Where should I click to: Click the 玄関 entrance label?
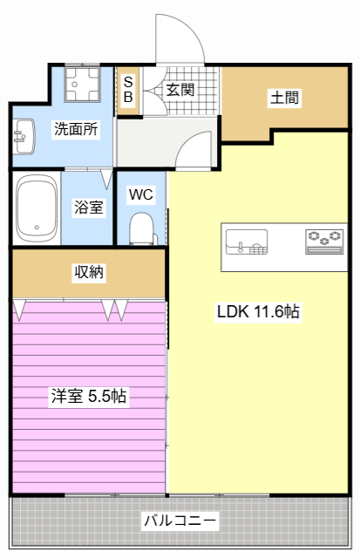[x=180, y=90]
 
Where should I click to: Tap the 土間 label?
[x=284, y=97]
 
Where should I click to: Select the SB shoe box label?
[x=128, y=89]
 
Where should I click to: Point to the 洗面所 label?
[x=76, y=128]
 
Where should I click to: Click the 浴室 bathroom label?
[x=89, y=207]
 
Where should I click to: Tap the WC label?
[x=141, y=194]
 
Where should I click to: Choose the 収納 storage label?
[x=89, y=272]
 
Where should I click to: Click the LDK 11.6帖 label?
[x=258, y=312]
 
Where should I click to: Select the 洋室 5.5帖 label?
[x=89, y=396]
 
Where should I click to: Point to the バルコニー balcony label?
[x=180, y=521]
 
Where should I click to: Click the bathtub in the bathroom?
[x=37, y=208]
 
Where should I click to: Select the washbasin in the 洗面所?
[x=24, y=136]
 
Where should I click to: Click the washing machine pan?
[x=82, y=84]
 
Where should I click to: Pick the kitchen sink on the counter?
[x=247, y=242]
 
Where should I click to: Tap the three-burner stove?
[x=324, y=242]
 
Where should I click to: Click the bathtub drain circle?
[x=37, y=227]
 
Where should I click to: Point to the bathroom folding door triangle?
[x=106, y=179]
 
